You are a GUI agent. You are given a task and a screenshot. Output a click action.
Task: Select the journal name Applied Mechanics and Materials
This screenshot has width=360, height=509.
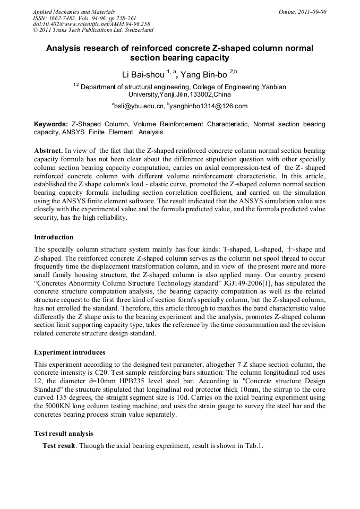tap(74, 11)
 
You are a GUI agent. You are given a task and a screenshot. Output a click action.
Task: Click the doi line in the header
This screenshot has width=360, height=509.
tap(91, 24)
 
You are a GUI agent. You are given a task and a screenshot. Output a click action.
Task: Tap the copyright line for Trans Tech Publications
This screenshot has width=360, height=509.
tap(93, 30)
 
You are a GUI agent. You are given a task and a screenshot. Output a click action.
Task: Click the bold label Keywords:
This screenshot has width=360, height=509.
tap(51, 124)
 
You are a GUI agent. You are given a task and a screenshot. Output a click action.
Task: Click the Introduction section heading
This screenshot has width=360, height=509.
tap(54, 237)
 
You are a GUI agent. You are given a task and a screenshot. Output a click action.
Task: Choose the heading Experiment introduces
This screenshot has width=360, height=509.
tap(70, 352)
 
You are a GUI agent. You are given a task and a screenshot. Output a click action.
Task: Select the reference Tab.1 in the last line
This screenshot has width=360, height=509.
tap(253, 446)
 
